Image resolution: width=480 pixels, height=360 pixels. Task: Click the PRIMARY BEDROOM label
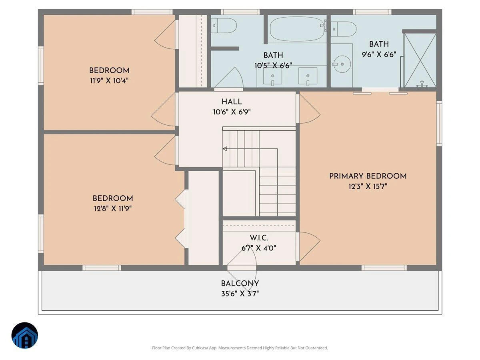(x=368, y=176)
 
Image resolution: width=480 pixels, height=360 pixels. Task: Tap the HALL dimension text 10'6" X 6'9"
(x=232, y=112)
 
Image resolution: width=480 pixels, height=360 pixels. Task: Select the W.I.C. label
(x=259, y=238)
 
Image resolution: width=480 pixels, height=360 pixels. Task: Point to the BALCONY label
(x=240, y=284)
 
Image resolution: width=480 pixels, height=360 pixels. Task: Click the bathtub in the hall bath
(x=297, y=29)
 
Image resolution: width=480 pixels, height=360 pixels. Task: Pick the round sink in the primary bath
(x=342, y=64)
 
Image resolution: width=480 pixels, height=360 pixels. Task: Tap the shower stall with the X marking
(x=420, y=60)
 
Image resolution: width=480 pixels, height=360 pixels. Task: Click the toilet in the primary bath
(x=343, y=29)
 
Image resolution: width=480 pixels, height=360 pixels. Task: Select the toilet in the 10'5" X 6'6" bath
(x=224, y=26)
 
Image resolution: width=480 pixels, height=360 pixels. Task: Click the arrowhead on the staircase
(x=224, y=149)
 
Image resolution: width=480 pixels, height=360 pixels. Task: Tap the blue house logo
(x=25, y=336)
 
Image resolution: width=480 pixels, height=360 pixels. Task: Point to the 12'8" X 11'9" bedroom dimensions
(x=113, y=209)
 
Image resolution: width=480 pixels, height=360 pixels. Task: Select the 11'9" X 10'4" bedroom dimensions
(x=109, y=81)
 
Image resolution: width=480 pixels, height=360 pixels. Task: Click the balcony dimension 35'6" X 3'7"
(x=240, y=294)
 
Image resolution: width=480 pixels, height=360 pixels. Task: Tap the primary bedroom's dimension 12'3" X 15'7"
(x=368, y=186)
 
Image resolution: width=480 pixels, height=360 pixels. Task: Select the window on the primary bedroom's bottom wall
(x=384, y=268)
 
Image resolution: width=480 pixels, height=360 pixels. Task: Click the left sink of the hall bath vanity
(x=272, y=76)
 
